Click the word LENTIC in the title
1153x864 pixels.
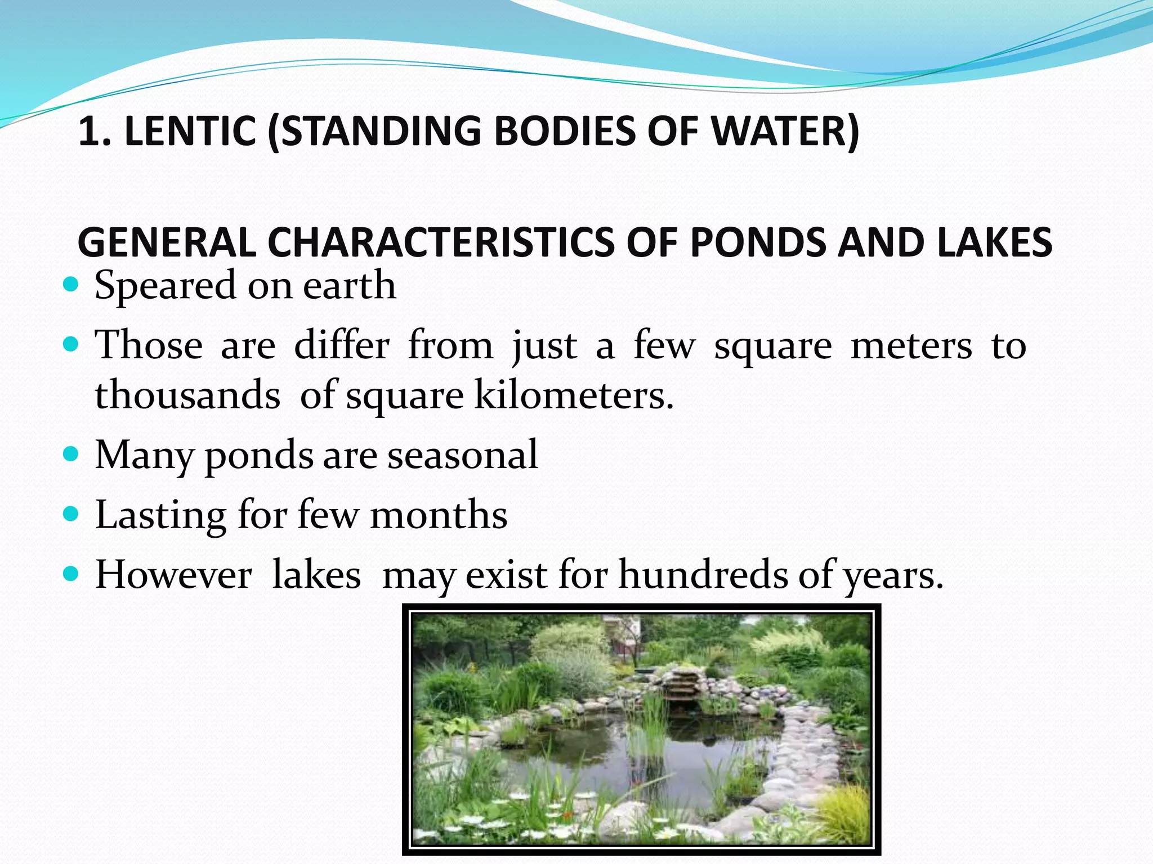tap(190, 131)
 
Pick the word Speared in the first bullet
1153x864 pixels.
tap(164, 286)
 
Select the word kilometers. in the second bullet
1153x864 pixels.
tap(574, 395)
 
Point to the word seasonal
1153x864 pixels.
tap(462, 454)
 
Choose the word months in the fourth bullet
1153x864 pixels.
tap(439, 515)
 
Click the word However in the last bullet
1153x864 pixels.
tap(173, 575)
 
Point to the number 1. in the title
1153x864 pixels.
tap(96, 131)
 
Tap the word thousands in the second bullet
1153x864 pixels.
tap(187, 395)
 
